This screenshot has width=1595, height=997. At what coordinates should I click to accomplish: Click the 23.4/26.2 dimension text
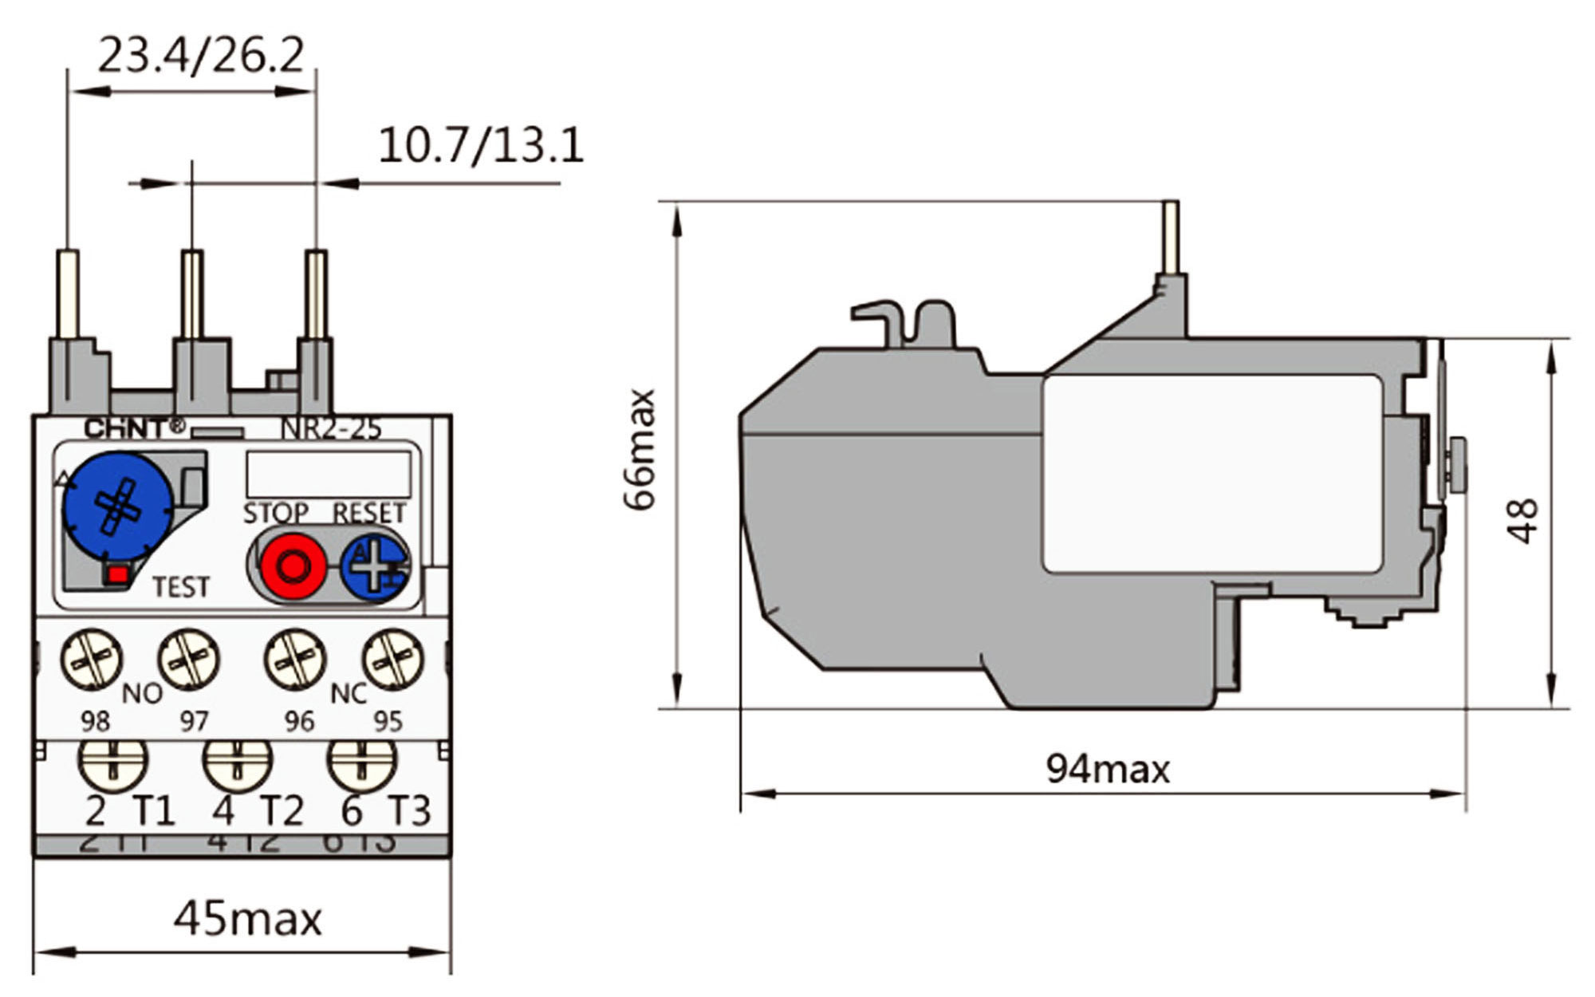coord(200,56)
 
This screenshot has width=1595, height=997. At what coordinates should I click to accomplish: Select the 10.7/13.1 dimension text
coord(480,146)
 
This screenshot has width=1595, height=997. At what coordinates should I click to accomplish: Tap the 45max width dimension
coord(248,919)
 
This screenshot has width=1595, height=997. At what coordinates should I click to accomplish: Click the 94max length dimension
coord(1108,769)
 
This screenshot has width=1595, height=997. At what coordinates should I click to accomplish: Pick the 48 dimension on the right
coord(1522,521)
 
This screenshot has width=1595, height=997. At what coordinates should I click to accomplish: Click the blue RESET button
coord(375,565)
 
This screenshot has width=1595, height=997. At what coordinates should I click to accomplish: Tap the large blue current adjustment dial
coord(118,506)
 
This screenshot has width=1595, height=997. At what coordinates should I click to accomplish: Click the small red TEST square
coord(118,573)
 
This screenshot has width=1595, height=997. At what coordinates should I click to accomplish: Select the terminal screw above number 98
coord(92,659)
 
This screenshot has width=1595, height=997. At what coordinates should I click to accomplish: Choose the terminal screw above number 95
coord(393,659)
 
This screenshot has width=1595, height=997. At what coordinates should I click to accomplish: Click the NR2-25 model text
coord(331,428)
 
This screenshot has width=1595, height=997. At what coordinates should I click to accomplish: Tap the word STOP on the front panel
coord(276,513)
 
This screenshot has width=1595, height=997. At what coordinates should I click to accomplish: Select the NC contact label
coord(349,694)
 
